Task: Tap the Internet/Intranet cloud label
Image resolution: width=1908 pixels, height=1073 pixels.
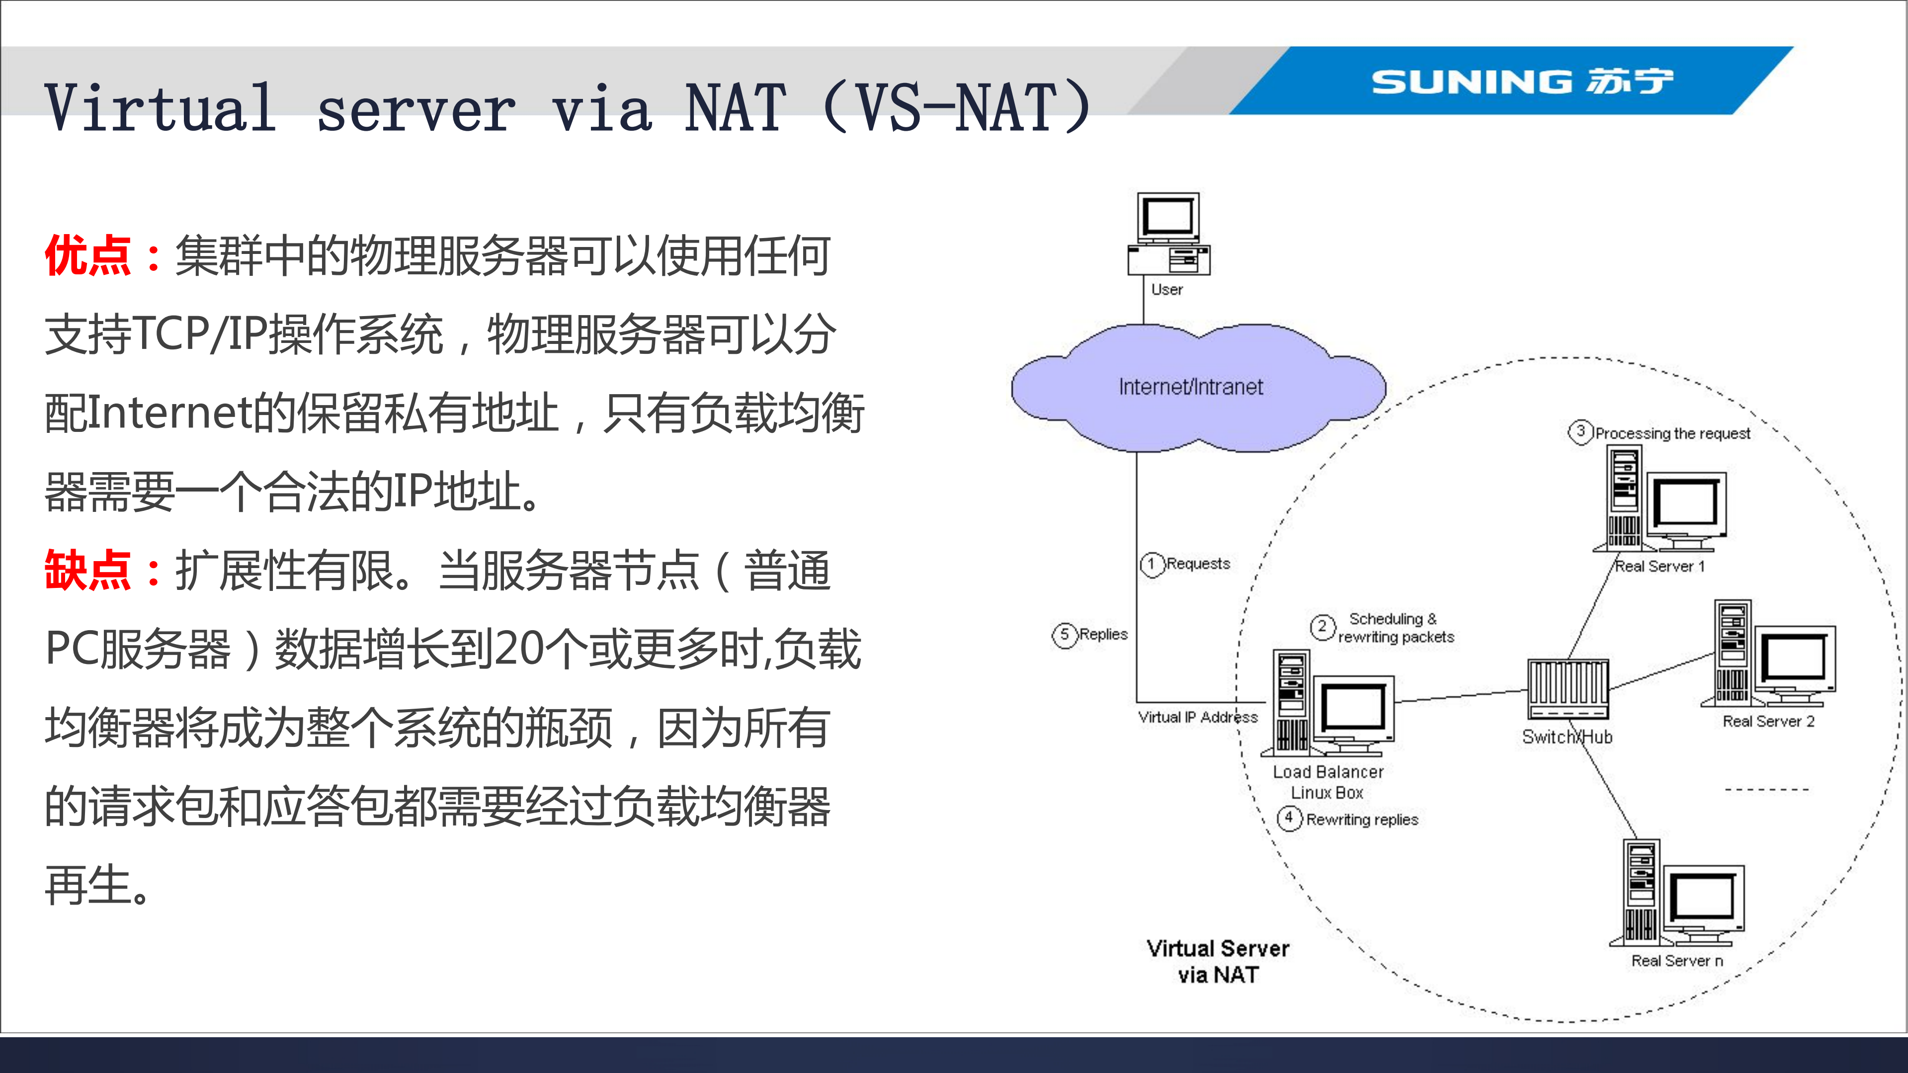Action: coord(1190,387)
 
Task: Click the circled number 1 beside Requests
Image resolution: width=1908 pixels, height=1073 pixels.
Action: coord(1151,564)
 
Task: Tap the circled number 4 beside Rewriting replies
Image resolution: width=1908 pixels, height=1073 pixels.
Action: coord(1289,818)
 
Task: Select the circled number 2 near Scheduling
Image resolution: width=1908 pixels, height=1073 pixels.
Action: coord(1322,627)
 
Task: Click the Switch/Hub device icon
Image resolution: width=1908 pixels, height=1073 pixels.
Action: coord(1567,689)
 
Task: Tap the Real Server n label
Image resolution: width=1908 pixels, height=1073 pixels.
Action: coord(1677,961)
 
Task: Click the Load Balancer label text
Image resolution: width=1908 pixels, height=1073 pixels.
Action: coord(1327,772)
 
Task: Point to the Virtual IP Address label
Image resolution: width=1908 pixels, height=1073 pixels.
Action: coord(1197,717)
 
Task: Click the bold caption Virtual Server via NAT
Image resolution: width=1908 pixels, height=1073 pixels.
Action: coord(1218,961)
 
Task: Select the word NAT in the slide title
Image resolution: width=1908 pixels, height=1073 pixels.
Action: coord(734,109)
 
